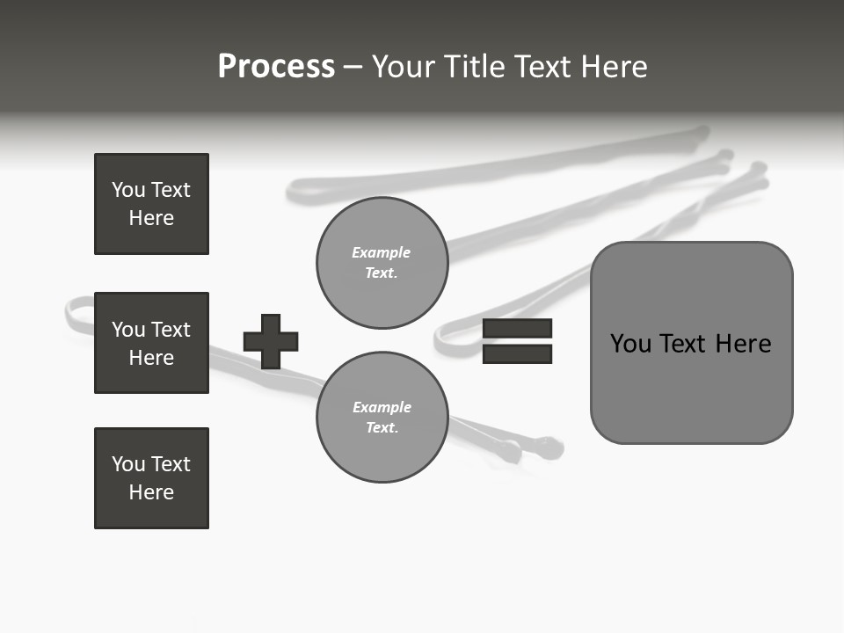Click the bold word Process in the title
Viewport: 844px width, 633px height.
point(276,67)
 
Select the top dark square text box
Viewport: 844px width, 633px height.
point(151,204)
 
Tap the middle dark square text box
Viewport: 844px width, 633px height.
point(151,343)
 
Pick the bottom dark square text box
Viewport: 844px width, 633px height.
point(151,478)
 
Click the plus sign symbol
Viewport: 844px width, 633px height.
point(271,341)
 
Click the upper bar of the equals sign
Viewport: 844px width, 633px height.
point(517,328)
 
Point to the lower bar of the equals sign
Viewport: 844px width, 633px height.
point(517,354)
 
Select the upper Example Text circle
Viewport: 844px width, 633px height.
point(382,262)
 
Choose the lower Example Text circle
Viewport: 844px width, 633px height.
point(382,417)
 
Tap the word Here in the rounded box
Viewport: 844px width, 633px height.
point(743,344)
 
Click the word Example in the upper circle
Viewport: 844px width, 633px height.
point(382,252)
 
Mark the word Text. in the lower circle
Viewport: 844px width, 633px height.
point(382,428)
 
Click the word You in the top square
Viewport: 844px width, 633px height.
point(128,190)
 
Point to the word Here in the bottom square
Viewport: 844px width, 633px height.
point(151,493)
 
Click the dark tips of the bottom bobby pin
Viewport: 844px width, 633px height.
point(527,449)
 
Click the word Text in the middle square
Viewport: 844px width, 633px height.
point(170,330)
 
